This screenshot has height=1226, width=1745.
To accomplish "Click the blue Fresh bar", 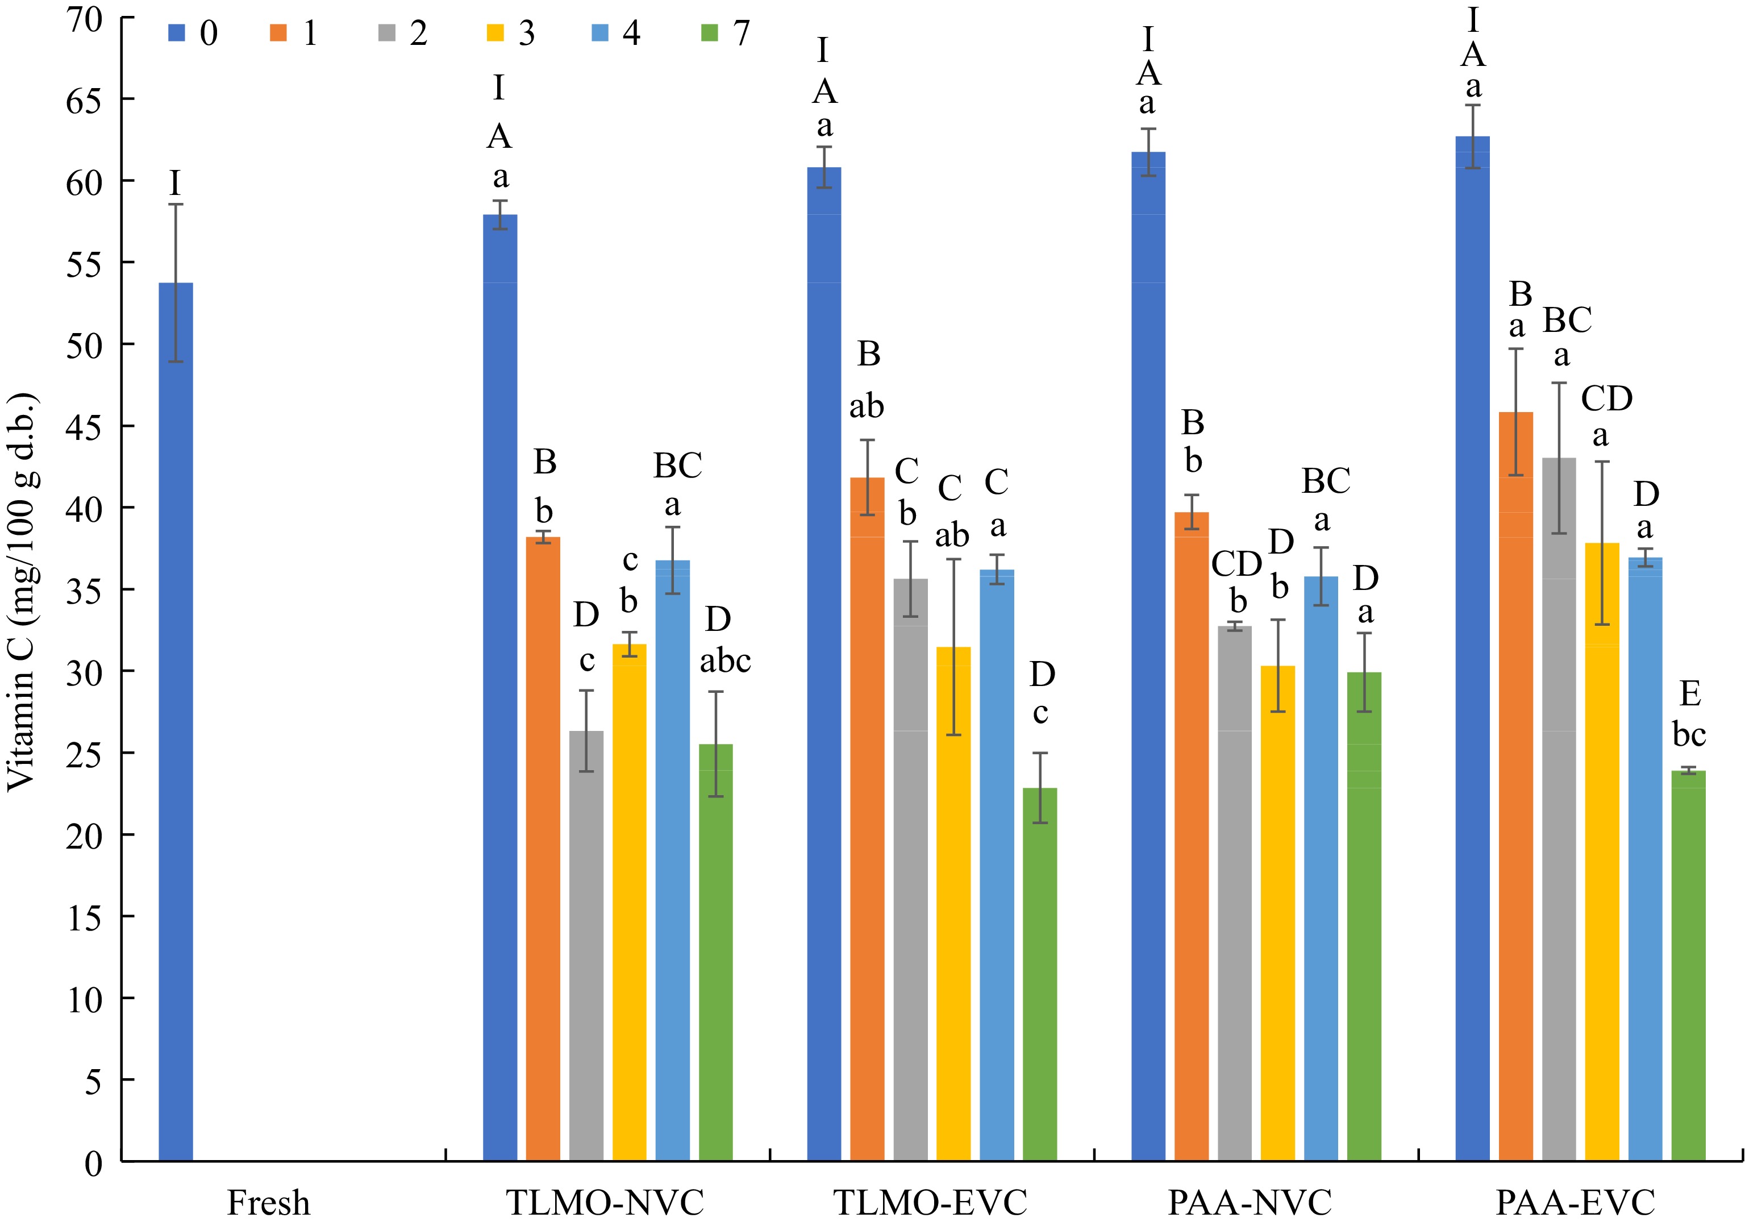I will coord(176,722).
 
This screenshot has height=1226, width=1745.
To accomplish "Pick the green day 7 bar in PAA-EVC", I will coord(1689,965).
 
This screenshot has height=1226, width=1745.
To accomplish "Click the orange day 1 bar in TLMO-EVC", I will coord(867,821).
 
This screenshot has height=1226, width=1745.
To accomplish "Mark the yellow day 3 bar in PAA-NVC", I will coord(1277,912).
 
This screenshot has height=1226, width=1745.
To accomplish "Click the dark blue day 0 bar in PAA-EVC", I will coord(1472,646).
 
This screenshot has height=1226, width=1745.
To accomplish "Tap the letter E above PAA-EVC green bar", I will coord(1689,694).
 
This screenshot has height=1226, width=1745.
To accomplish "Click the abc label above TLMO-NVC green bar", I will coord(725,661).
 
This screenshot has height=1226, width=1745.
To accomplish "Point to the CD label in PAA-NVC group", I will coord(1236,564).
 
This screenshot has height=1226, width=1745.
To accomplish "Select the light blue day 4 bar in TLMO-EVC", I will coord(997,866).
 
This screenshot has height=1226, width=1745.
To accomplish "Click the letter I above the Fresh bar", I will coord(176,183).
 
